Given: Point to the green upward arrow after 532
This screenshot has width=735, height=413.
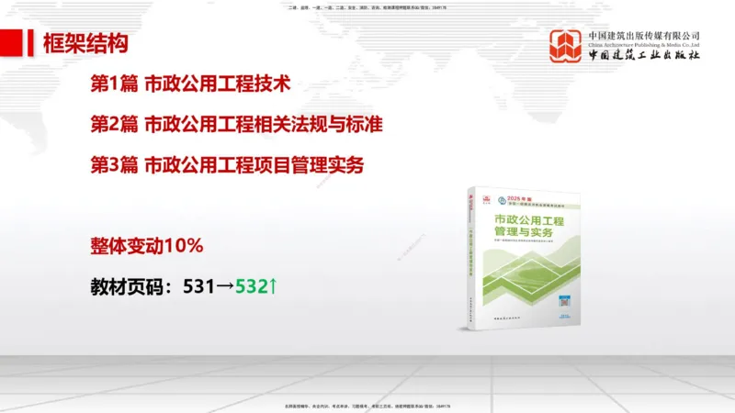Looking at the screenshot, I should pyautogui.click(x=273, y=286).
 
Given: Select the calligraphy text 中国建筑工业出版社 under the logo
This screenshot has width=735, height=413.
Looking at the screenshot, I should pyautogui.click(x=644, y=56).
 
